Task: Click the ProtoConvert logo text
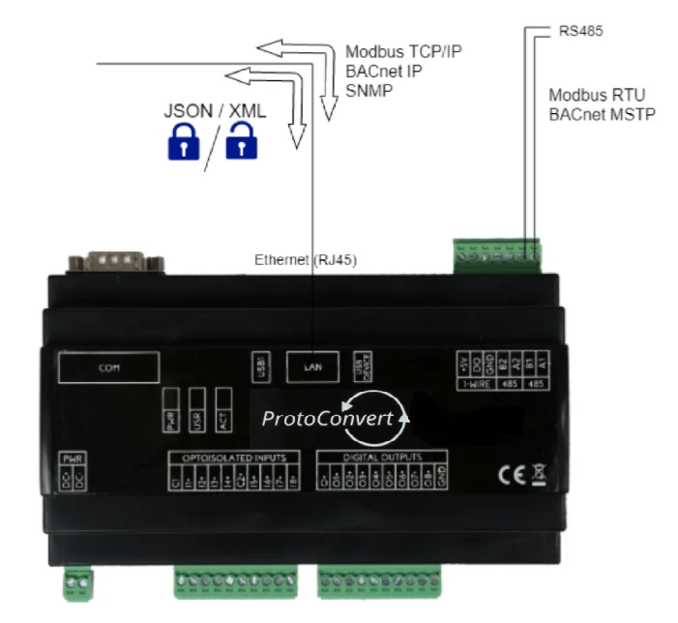[329, 419]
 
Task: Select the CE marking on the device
[510, 474]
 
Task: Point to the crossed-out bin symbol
[538, 474]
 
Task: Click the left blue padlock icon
[183, 144]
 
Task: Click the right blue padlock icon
[242, 144]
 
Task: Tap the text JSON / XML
[214, 111]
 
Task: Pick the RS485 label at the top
[581, 31]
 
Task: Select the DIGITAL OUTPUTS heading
[382, 456]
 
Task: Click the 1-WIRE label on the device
[476, 383]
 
